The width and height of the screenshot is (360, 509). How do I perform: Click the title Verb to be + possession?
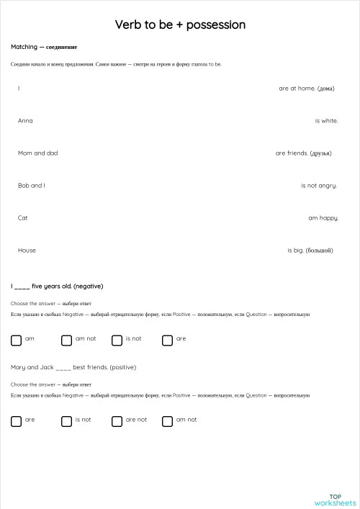(x=180, y=25)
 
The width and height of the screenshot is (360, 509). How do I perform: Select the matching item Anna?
(x=25, y=121)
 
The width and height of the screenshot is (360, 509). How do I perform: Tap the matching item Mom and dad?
(x=37, y=153)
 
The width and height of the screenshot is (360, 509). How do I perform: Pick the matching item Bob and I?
(x=31, y=186)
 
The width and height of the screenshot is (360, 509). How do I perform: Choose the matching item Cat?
(x=23, y=218)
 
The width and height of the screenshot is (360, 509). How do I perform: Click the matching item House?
(x=27, y=251)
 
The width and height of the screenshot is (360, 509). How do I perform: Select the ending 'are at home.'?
(x=306, y=89)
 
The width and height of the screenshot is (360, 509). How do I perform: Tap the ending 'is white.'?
(x=326, y=121)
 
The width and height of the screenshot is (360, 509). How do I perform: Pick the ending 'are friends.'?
(x=303, y=153)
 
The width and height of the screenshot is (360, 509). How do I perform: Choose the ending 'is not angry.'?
(x=319, y=186)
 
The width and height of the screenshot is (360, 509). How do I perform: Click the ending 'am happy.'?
(x=323, y=218)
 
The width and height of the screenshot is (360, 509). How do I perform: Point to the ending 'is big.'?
(x=310, y=251)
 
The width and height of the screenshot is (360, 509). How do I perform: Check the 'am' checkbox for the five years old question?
(x=16, y=340)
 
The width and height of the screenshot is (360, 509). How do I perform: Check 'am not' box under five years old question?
(x=66, y=340)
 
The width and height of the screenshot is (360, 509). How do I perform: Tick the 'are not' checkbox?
(x=117, y=421)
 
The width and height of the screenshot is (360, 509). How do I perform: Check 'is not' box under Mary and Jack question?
(x=66, y=421)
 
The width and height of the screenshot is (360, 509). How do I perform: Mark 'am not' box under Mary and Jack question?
(x=167, y=421)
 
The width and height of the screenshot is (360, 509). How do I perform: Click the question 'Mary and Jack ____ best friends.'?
(x=73, y=367)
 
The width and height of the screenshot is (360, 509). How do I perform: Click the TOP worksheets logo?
(x=335, y=499)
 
